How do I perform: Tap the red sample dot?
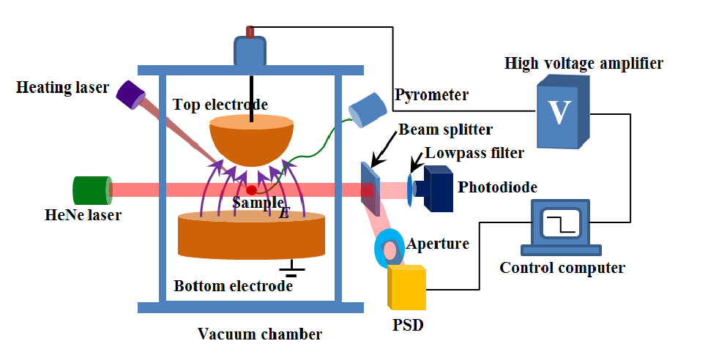251,190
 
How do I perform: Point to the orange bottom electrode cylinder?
251,236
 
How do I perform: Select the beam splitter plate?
370,188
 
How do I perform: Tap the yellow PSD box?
406,288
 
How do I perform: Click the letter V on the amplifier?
559,112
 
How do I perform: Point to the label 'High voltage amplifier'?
584,64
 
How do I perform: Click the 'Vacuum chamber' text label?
260,334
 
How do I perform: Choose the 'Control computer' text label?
562,268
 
